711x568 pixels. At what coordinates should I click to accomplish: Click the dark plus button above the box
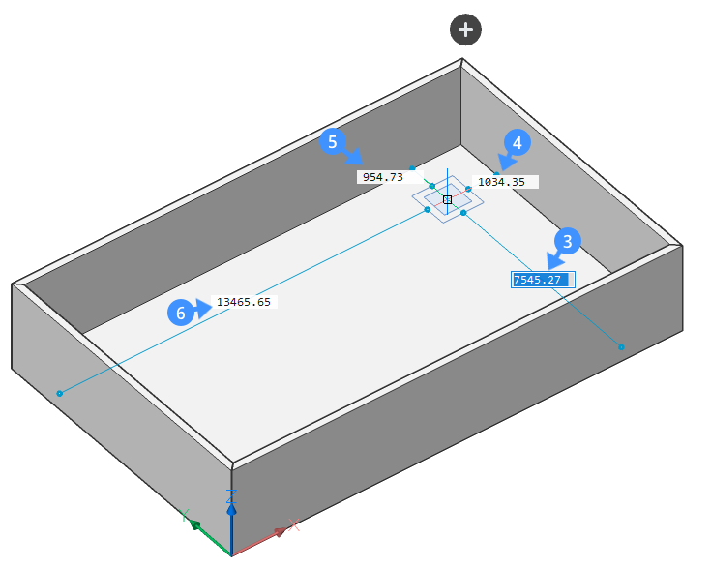(465, 30)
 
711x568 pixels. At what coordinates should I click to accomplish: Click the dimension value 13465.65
(244, 302)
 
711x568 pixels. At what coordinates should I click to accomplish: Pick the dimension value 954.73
(383, 177)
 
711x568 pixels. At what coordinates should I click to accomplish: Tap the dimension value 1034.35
(501, 182)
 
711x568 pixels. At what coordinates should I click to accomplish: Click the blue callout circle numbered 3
(567, 241)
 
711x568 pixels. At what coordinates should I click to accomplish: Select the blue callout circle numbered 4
(518, 142)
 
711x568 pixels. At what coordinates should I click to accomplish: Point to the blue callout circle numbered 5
(333, 141)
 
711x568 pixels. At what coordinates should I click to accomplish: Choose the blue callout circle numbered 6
(181, 313)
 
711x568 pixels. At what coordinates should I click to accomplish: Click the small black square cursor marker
(448, 199)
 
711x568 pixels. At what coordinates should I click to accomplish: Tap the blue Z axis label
(232, 495)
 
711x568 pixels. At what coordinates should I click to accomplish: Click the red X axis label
(294, 525)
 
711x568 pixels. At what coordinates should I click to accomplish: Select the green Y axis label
(184, 515)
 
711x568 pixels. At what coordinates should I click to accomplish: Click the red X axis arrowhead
(281, 531)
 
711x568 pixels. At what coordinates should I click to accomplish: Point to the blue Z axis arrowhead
(232, 510)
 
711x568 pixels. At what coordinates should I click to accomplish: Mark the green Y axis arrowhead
(195, 525)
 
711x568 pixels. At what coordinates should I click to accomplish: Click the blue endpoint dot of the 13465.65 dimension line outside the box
(59, 393)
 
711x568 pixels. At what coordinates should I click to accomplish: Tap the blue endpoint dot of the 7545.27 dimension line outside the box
(621, 347)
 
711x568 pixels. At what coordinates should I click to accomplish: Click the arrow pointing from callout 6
(202, 309)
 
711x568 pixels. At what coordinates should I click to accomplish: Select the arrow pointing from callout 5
(353, 155)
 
